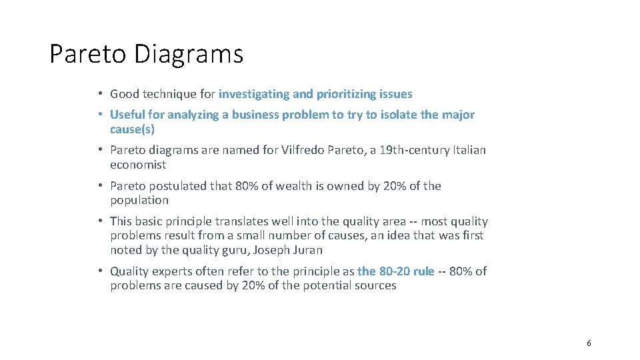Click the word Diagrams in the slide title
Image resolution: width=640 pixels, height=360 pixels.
click(189, 54)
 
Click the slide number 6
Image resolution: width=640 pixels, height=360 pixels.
click(589, 343)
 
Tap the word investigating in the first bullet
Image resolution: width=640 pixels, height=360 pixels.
click(254, 94)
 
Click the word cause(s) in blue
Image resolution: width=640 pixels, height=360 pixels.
click(132, 129)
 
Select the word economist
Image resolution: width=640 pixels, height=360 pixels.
click(138, 165)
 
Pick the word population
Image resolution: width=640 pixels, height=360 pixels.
click(139, 200)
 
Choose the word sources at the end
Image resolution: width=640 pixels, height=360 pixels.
click(377, 285)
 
